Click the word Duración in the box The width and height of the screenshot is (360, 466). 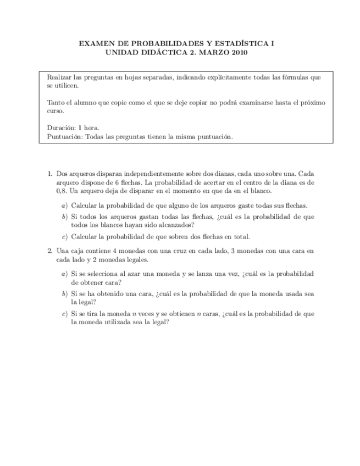[x=61, y=128]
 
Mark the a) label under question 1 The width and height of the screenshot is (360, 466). [x=64, y=206]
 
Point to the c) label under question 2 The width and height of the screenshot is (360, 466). [x=64, y=314]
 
